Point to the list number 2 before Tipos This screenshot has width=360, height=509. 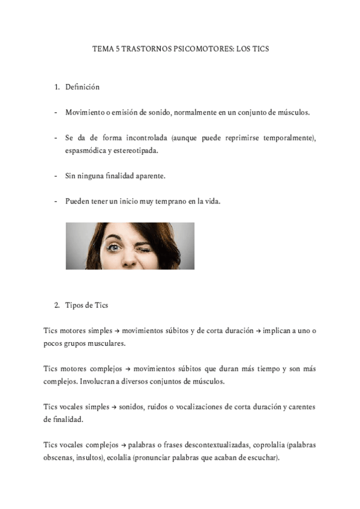click(x=56, y=305)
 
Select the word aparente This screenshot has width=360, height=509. click(x=148, y=176)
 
